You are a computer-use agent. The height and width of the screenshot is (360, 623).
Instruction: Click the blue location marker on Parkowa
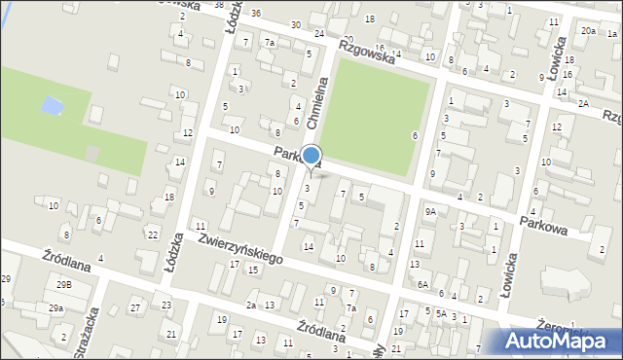point(311,156)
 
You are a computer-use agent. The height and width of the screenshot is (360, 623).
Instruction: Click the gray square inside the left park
point(92,153)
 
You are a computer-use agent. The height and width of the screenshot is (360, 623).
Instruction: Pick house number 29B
point(63,284)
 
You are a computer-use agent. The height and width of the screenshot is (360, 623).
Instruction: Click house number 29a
point(56,307)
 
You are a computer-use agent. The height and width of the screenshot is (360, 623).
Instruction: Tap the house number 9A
point(429,211)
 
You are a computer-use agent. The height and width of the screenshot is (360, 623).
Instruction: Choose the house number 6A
point(422,284)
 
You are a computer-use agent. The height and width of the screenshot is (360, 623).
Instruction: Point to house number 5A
point(441,313)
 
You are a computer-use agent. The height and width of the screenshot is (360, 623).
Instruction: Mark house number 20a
point(588,31)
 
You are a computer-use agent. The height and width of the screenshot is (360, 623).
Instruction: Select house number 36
point(255,13)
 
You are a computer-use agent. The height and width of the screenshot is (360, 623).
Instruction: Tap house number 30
point(294,24)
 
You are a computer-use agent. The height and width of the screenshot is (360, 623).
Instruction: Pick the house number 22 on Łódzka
point(152,234)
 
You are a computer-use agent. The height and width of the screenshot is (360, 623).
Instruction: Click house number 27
point(135,307)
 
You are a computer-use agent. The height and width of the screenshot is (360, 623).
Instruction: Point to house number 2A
point(582,103)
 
